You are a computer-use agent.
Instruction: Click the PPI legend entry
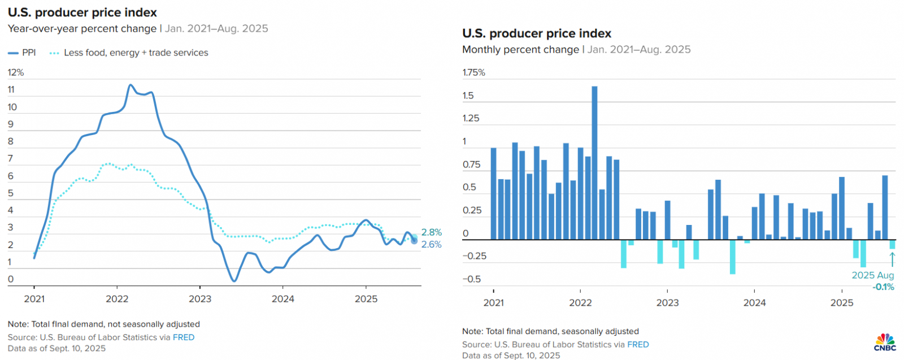click(x=23, y=53)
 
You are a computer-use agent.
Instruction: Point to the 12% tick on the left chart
click(x=16, y=72)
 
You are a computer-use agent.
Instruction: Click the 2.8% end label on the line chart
click(x=432, y=232)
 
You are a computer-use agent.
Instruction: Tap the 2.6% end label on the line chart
click(x=432, y=245)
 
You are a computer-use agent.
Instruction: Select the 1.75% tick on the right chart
click(x=473, y=72)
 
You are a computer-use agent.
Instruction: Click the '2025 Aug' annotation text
click(x=872, y=275)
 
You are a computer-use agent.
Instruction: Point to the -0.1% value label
click(x=884, y=287)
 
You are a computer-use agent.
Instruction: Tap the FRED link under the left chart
click(x=184, y=337)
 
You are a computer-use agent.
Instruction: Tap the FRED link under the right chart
click(x=638, y=345)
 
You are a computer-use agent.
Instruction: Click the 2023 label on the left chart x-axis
click(x=200, y=299)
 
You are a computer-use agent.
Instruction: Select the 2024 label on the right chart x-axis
click(x=754, y=303)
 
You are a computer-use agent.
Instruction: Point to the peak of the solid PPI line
click(x=131, y=85)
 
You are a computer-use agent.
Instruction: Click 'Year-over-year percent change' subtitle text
click(x=82, y=29)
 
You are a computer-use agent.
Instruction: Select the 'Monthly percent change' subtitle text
click(x=520, y=50)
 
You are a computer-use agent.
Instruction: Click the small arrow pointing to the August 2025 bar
click(x=892, y=259)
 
